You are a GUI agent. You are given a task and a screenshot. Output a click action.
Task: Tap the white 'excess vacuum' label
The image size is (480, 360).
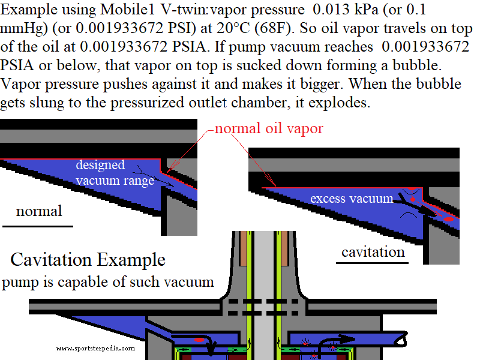pos(352,199)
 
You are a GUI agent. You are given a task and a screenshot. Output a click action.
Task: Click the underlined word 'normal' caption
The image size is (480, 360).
pos(39,211)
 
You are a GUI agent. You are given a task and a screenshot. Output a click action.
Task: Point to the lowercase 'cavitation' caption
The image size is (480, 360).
pos(373,251)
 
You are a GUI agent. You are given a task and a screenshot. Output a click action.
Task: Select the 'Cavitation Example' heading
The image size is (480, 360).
pos(88,260)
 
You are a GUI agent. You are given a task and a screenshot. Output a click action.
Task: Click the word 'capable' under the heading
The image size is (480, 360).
pos(90,281)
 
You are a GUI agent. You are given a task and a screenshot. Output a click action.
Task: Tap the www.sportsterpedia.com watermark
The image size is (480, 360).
pos(95,347)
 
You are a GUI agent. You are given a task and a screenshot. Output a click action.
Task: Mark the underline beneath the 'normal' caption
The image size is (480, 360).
pos(38,226)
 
